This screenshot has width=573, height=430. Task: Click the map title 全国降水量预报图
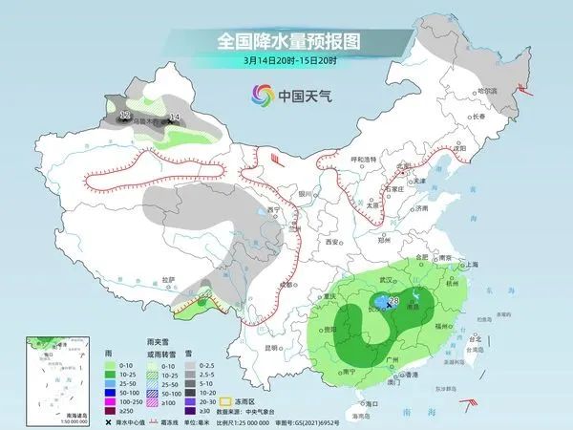286,41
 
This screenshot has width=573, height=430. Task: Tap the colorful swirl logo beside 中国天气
262,96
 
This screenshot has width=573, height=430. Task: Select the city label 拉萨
169,279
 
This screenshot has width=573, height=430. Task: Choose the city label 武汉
386,279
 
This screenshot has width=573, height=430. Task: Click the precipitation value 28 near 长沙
393,301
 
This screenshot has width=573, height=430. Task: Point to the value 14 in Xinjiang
173,118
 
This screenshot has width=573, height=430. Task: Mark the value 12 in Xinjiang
124,116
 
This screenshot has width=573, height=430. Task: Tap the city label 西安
331,243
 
